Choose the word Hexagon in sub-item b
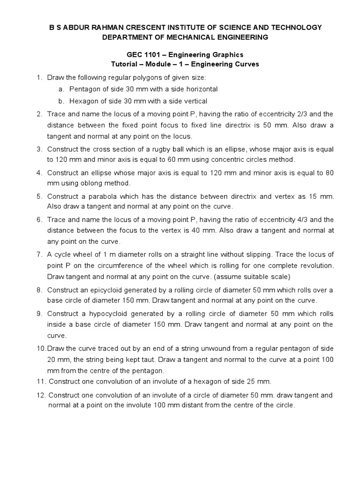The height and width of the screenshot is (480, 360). pos(84,101)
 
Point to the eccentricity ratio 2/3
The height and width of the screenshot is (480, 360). pos(297,113)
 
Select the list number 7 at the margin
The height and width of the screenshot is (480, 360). pos(39,255)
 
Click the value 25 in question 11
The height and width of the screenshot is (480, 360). pos(246,381)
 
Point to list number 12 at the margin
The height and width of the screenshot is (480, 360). pos(41,395)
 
